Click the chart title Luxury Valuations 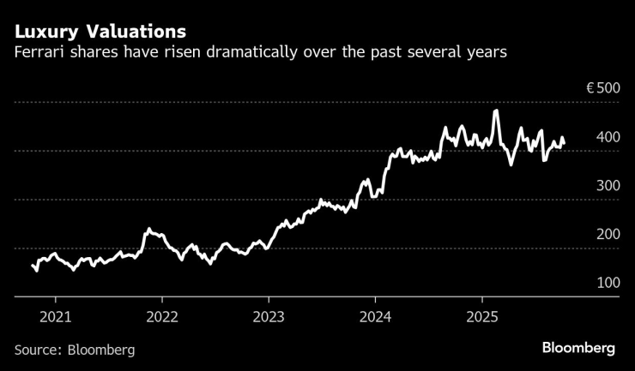100,33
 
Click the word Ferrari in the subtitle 40,53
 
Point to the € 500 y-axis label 600,88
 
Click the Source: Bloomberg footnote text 75,350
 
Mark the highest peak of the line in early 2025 496,111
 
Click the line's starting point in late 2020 33,266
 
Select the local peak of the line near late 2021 148,229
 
